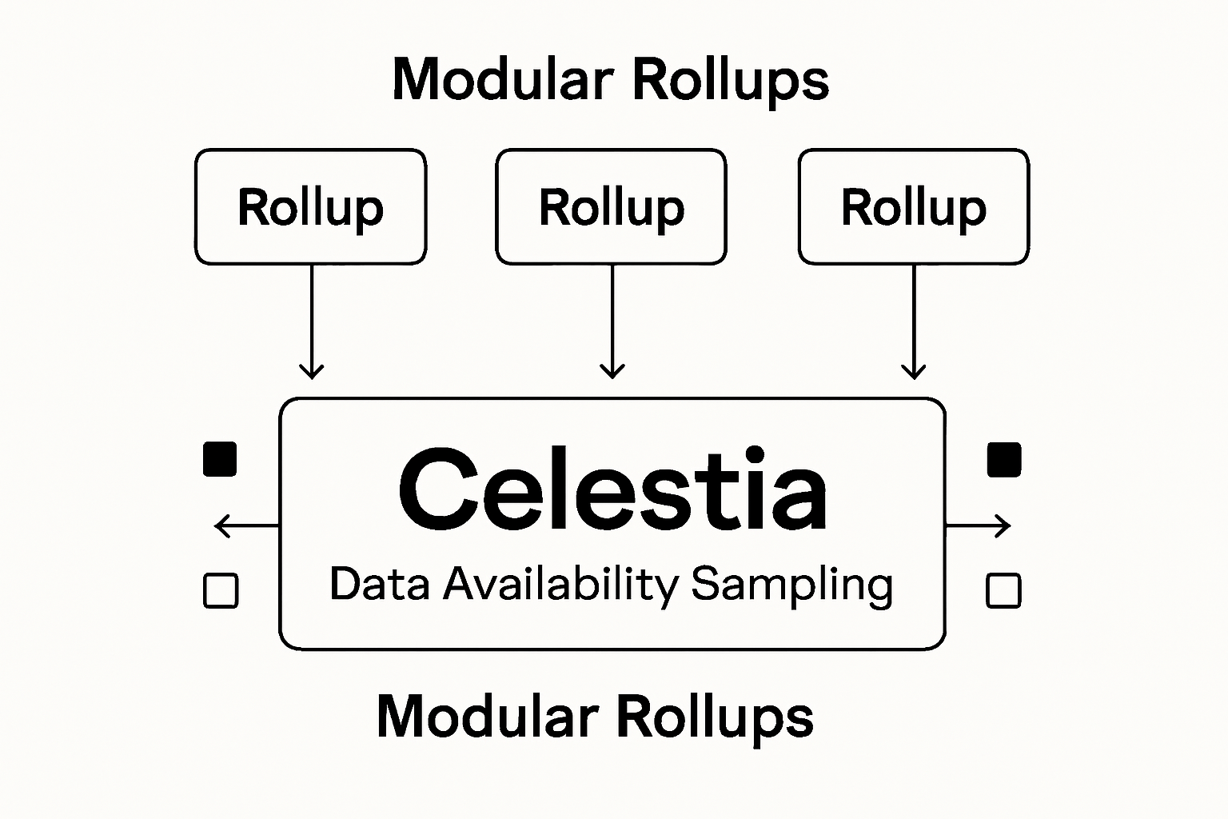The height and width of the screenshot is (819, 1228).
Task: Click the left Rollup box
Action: click(x=310, y=206)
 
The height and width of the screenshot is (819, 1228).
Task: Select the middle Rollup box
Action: click(x=612, y=206)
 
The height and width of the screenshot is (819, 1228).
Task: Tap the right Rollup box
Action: click(x=914, y=206)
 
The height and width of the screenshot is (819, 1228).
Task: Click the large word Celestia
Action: click(x=612, y=489)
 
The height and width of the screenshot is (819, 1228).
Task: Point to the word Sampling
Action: click(x=791, y=585)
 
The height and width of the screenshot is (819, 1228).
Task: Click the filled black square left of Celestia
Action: click(x=220, y=459)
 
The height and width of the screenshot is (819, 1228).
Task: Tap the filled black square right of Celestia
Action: click(x=1004, y=459)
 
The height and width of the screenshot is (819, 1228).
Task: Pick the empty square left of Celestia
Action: click(x=221, y=591)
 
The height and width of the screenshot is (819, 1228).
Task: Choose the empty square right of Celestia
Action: click(x=1003, y=591)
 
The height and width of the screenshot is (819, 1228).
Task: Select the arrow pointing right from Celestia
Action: click(x=979, y=526)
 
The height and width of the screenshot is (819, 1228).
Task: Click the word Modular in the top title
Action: click(x=503, y=80)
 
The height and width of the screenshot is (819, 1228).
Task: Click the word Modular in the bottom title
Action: click(x=488, y=716)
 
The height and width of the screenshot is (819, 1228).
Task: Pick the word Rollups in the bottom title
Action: click(x=715, y=717)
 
